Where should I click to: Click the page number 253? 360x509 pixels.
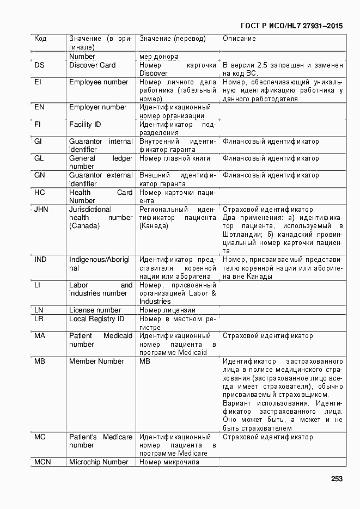tap(336, 479)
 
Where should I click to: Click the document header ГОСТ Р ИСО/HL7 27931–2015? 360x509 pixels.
tap(291, 26)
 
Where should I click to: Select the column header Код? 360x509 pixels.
tap(40, 39)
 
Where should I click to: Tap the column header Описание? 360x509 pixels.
tap(239, 39)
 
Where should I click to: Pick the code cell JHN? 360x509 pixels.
tap(41, 209)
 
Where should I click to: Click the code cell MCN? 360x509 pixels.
tap(43, 462)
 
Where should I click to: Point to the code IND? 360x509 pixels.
tap(40, 259)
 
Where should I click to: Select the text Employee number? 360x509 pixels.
tap(99, 82)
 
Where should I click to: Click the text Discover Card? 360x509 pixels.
tap(92, 65)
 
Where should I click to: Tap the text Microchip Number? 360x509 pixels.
tap(99, 462)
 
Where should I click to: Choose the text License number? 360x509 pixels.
tap(95, 310)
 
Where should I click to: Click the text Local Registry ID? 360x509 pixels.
tap(96, 318)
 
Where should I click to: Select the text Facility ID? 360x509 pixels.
tap(85, 124)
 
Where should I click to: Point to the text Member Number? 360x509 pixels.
tap(96, 361)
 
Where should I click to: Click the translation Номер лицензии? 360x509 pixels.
tap(167, 310)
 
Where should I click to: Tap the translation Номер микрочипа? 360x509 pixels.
tap(169, 462)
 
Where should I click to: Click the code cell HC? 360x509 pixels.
tap(39, 192)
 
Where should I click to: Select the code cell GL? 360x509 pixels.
tap(39, 158)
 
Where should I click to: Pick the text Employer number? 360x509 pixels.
tap(97, 107)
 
